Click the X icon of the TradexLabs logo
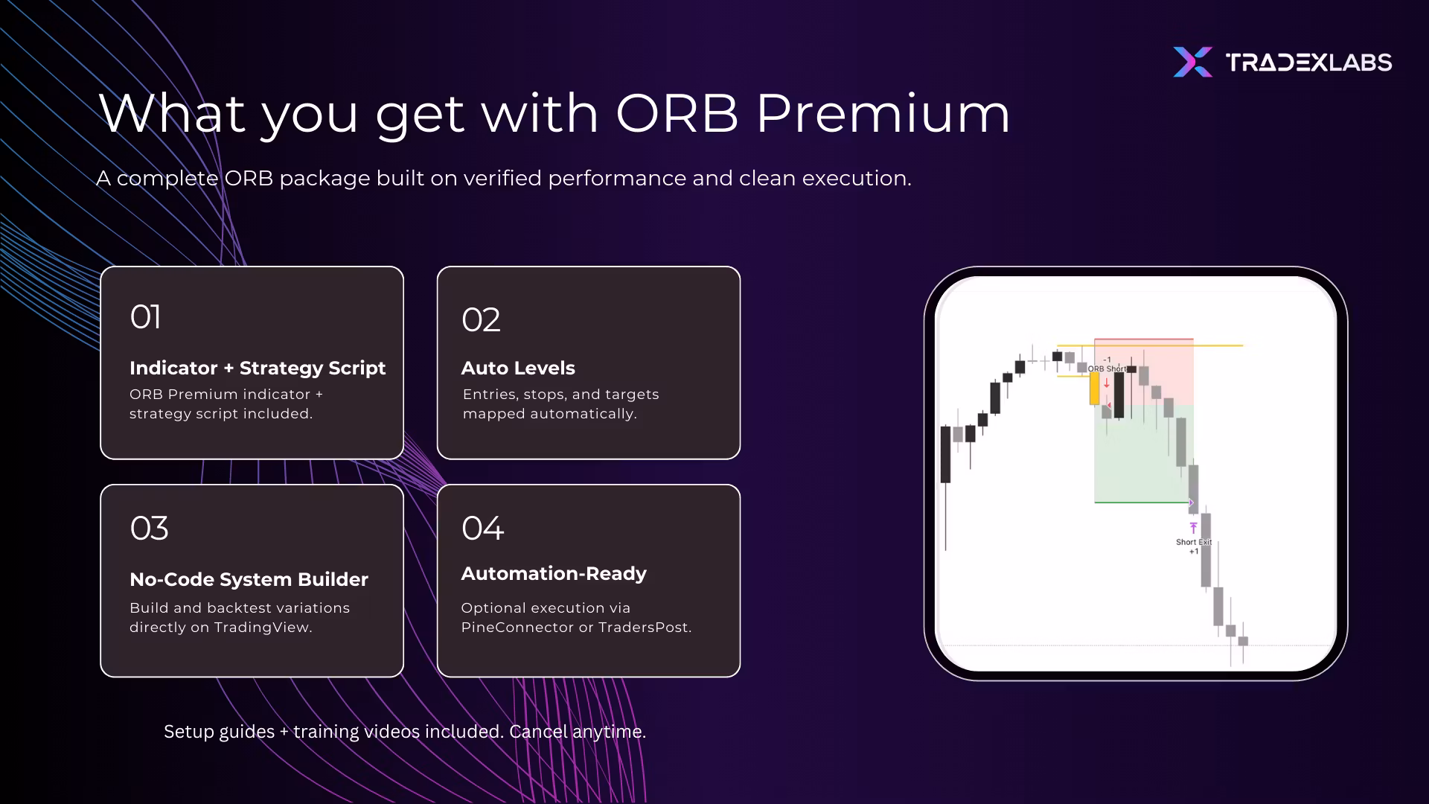pos(1192,62)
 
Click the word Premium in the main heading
pos(883,114)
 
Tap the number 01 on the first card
pos(145,317)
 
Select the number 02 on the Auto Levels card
pos(481,320)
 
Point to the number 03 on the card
pos(149,529)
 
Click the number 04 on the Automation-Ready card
pos(483,529)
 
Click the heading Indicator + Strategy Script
pos(258,368)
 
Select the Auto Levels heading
pos(518,368)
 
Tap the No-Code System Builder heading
pos(249,579)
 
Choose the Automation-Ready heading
pos(554,574)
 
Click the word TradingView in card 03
pos(263,628)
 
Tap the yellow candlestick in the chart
pos(1094,389)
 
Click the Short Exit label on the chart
pos(1194,542)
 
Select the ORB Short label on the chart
pos(1107,368)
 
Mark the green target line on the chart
pos(1142,502)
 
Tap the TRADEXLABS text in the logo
pos(1308,63)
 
